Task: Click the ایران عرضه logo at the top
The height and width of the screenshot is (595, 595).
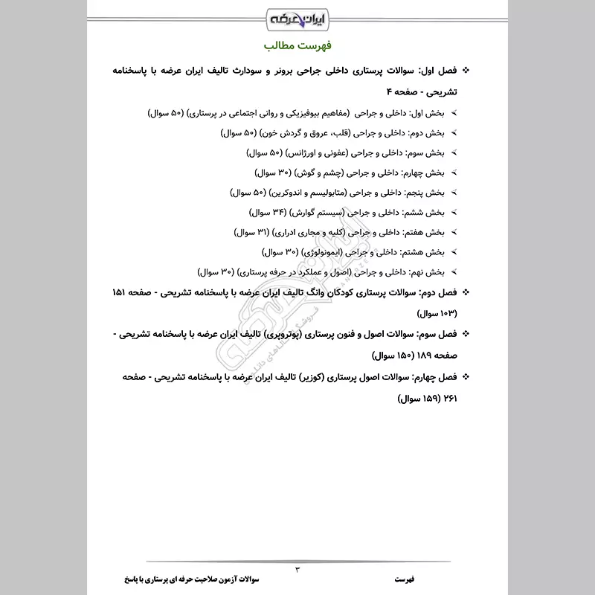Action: (297, 16)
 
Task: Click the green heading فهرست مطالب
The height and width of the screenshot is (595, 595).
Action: (297, 43)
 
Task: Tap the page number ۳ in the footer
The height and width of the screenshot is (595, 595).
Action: (297, 570)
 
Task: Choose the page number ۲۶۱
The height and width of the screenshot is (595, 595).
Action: (450, 398)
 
